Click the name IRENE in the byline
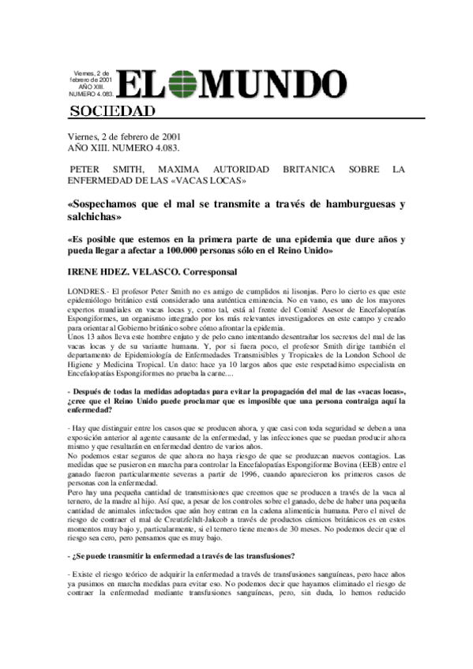88,273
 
